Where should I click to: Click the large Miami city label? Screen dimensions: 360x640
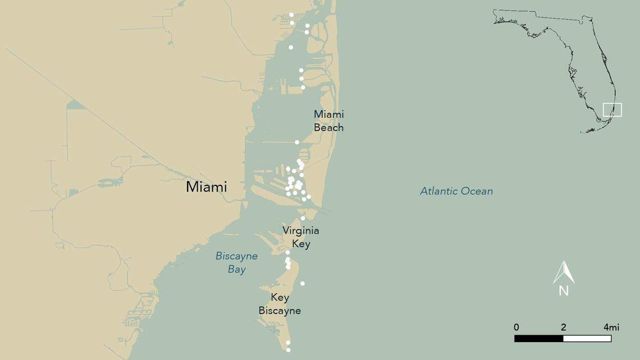click(x=207, y=187)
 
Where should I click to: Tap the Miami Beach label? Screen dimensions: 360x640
click(x=328, y=121)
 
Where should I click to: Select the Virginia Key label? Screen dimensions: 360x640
click(x=301, y=237)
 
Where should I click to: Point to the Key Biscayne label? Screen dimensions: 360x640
click(x=280, y=304)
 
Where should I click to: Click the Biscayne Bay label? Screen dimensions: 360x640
click(x=237, y=262)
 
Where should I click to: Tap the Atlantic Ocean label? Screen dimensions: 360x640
click(x=456, y=192)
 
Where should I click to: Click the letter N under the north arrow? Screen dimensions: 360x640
click(x=564, y=291)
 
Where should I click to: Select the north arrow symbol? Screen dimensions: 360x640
click(x=564, y=272)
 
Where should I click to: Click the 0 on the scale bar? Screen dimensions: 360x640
click(x=516, y=327)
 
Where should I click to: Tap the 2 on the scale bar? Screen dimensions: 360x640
click(x=563, y=327)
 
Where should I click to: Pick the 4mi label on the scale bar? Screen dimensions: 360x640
click(x=611, y=327)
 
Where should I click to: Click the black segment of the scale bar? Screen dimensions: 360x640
click(x=539, y=339)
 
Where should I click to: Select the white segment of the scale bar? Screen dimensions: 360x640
click(x=587, y=339)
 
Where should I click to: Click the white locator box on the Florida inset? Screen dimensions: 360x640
click(x=612, y=110)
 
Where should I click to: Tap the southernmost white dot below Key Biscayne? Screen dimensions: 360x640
click(x=289, y=350)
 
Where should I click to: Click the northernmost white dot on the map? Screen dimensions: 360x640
click(x=291, y=15)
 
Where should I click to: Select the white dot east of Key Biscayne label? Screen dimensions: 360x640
click(x=303, y=284)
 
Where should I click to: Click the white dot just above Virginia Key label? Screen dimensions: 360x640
click(x=303, y=218)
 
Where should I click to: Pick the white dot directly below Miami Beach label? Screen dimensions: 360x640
click(x=297, y=142)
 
